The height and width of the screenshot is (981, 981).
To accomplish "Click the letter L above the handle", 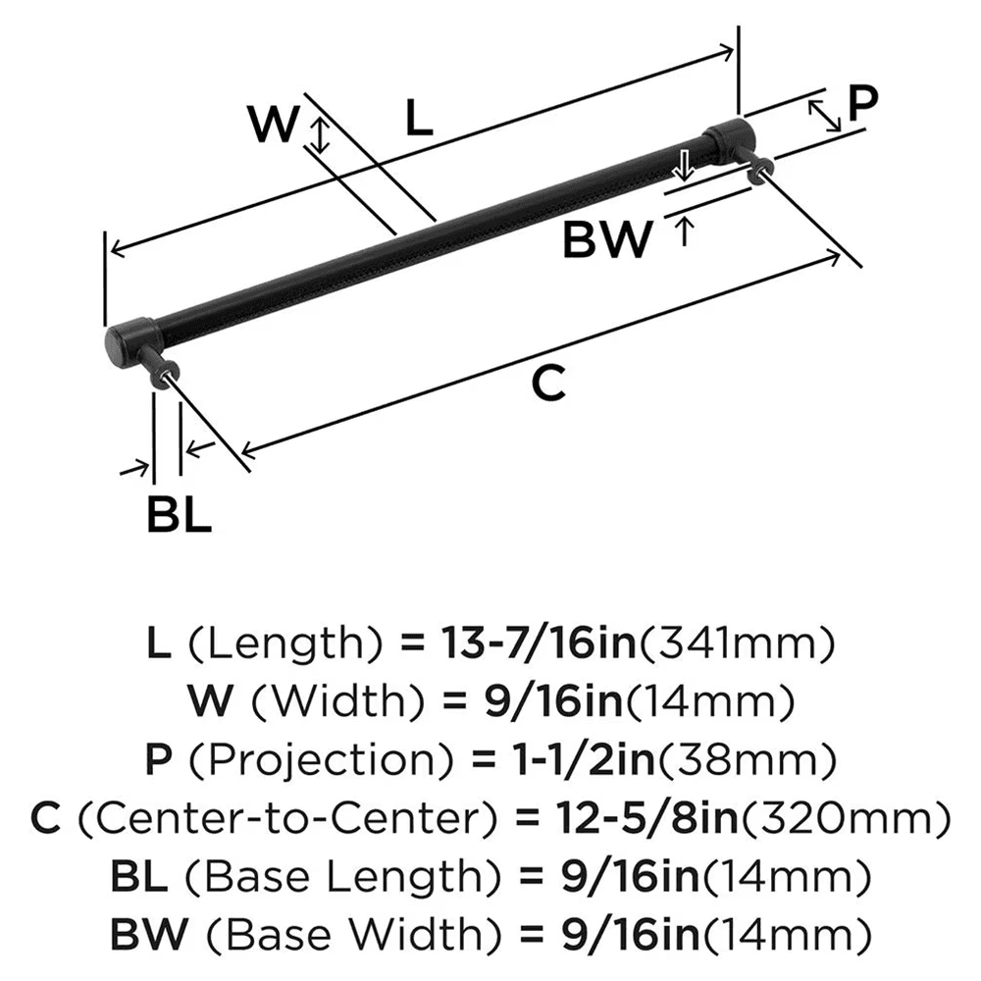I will point(418,119).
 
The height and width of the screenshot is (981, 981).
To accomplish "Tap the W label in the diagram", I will point(273,125).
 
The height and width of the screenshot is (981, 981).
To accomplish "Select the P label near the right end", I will point(862,102).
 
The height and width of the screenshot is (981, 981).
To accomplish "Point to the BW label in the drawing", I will point(607,238).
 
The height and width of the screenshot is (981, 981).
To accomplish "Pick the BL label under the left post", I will point(179,514).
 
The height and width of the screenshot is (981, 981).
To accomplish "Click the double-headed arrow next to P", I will point(825,115).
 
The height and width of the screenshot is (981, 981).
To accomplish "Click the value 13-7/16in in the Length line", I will point(517,645).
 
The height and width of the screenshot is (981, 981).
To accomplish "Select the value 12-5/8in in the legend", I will point(578,816).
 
